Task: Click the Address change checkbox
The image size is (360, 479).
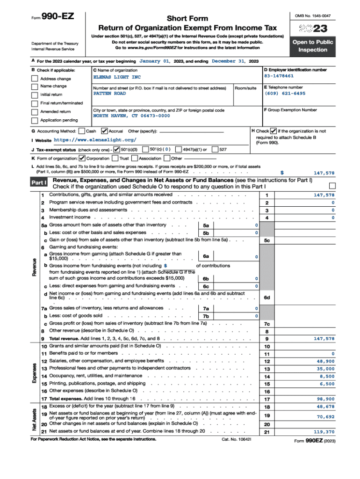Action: tap(35, 79)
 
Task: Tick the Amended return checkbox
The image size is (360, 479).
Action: tap(35, 112)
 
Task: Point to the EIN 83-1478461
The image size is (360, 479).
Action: tap(279, 76)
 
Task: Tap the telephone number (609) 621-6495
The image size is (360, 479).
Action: tap(285, 94)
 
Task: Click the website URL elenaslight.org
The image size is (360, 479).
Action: tap(95, 140)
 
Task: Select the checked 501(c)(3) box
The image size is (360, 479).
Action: tap(117, 149)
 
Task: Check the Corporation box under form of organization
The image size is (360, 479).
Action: tap(83, 158)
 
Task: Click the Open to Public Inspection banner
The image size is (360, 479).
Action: tap(313, 46)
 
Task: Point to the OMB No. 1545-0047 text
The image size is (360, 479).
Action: tap(312, 16)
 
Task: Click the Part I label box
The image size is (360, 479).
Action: tap(39, 183)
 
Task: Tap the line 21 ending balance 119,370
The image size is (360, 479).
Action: tap(324, 432)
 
